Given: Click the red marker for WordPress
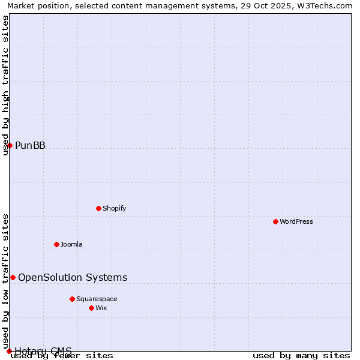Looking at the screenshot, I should point(275,221).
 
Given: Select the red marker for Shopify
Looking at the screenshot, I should point(98,208).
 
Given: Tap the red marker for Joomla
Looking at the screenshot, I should point(56,244).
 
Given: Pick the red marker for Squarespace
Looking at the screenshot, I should point(72,299).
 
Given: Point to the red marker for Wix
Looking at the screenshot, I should point(91,308).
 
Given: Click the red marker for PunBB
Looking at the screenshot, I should point(10,145).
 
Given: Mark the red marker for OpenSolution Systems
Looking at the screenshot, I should point(13,277).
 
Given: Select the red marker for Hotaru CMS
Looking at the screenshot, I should point(9,351).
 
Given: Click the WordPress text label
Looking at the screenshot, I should point(296,221).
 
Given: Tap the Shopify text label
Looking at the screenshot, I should point(114,208).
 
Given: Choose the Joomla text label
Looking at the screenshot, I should point(71,244).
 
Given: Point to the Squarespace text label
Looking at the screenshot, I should point(97,299).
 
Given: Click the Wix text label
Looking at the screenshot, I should point(101,308).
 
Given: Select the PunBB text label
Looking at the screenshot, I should point(30,145).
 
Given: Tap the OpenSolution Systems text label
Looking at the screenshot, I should point(73,277).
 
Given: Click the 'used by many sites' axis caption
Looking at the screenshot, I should point(301,356).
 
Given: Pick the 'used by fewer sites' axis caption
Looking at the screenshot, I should point(62,356).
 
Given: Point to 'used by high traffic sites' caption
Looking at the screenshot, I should point(5,85).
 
